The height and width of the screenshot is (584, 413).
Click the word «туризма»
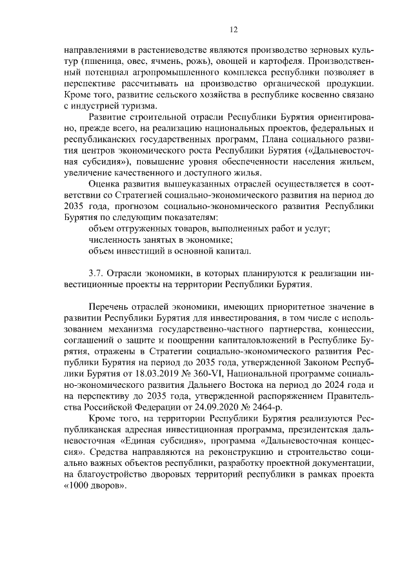[136, 105]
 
